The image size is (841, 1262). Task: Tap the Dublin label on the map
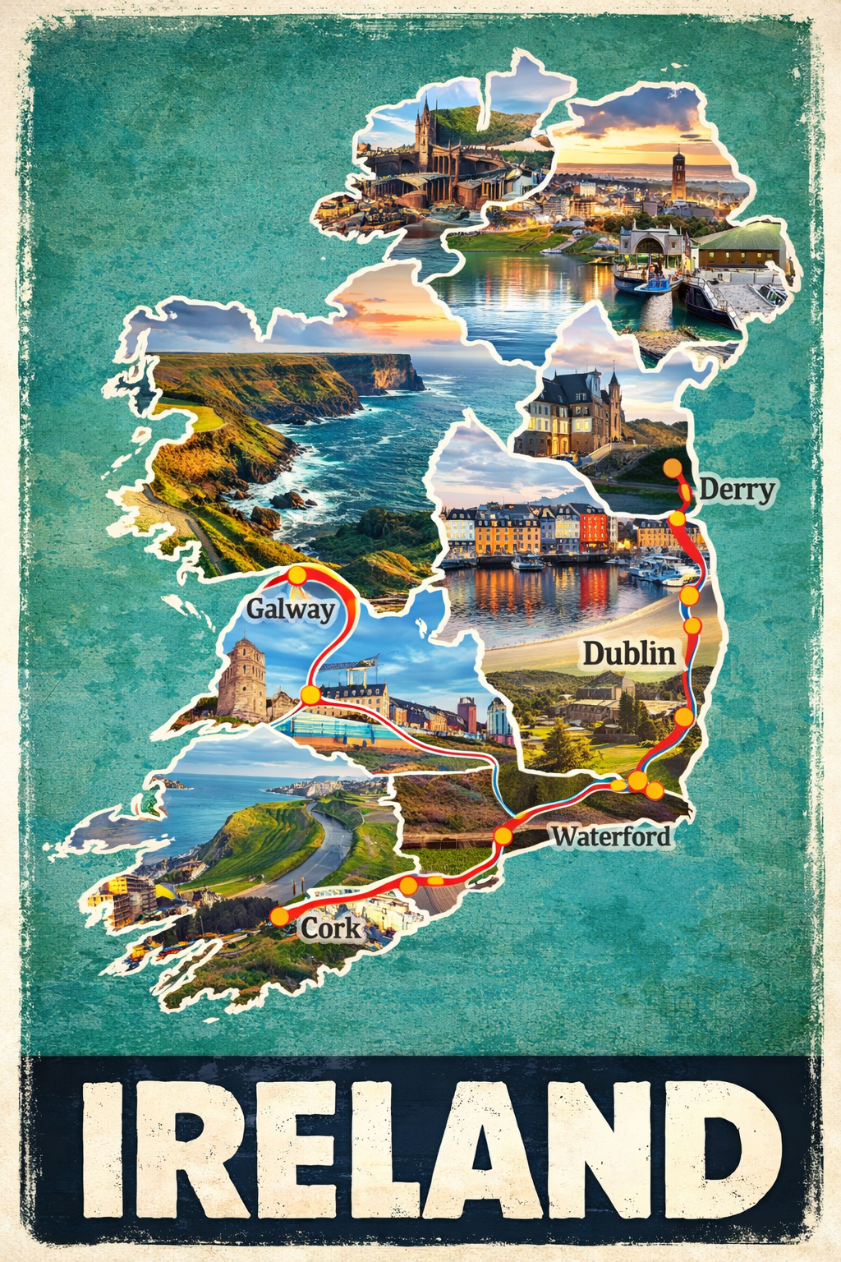click(x=629, y=654)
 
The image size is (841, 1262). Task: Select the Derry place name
click(x=737, y=491)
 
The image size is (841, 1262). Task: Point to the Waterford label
click(x=611, y=836)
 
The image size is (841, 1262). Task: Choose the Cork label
click(x=330, y=928)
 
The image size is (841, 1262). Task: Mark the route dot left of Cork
click(x=280, y=916)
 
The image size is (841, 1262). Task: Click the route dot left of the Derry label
click(x=673, y=468)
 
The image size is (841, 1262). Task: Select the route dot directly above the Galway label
click(x=296, y=575)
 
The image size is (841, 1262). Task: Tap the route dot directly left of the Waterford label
click(x=503, y=836)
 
